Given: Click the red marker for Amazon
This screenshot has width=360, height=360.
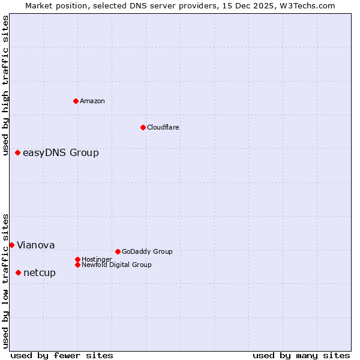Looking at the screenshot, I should (x=76, y=101).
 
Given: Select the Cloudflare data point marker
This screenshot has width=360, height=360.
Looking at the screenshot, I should (x=143, y=127).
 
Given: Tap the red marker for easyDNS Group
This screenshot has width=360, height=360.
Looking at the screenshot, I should (x=18, y=153).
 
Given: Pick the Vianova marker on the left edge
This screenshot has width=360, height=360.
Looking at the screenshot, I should (x=11, y=245).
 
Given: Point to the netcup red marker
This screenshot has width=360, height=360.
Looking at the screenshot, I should (x=18, y=273).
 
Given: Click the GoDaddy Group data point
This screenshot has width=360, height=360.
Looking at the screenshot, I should (x=118, y=251).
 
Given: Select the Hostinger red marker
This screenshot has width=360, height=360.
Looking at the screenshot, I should (x=77, y=259).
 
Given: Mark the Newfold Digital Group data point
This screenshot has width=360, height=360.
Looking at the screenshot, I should (x=77, y=265).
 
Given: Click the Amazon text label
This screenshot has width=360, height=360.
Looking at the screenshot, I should (x=92, y=101).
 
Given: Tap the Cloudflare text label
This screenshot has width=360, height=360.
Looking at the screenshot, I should (x=163, y=127).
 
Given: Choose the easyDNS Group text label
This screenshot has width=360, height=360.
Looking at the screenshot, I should (x=61, y=153).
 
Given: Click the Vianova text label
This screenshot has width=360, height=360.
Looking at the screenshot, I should (x=35, y=245).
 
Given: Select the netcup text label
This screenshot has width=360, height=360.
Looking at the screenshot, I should (x=40, y=273).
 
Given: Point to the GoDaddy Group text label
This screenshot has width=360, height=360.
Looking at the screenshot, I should (x=147, y=251).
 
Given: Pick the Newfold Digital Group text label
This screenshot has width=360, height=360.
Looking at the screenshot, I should (x=116, y=265).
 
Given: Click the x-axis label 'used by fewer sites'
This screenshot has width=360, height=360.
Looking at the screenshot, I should (x=62, y=355).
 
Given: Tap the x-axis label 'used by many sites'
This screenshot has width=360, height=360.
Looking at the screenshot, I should (x=301, y=355).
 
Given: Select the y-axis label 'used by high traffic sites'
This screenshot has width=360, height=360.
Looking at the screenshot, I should (x=5, y=85).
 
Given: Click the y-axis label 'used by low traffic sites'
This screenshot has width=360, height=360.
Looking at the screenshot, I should (x=5, y=281).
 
